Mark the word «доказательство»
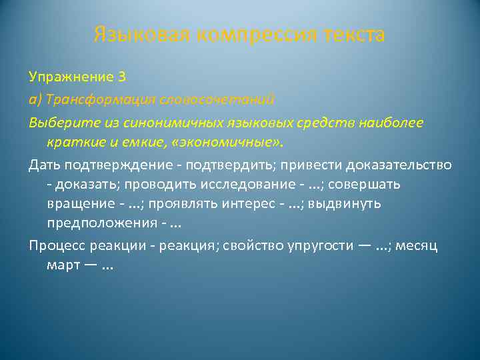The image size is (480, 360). coord(396,165)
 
